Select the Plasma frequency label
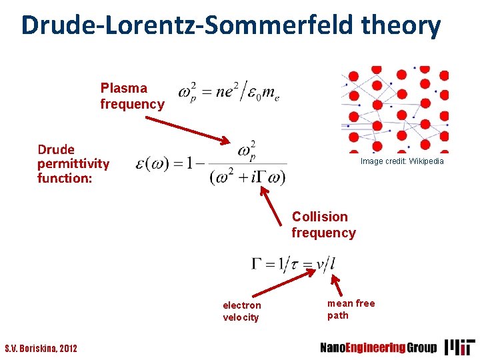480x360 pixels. (x=132, y=96)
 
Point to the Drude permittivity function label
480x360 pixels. (x=73, y=163)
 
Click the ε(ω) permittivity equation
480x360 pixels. (x=211, y=163)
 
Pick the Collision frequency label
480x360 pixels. (x=323, y=225)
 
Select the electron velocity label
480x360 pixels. (x=241, y=311)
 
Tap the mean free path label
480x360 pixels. (x=351, y=309)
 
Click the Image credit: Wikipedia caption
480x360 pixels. (x=401, y=161)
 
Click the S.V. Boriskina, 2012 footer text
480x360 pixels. (x=41, y=348)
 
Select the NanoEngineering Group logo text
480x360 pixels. (x=378, y=347)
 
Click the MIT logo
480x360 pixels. (x=460, y=347)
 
